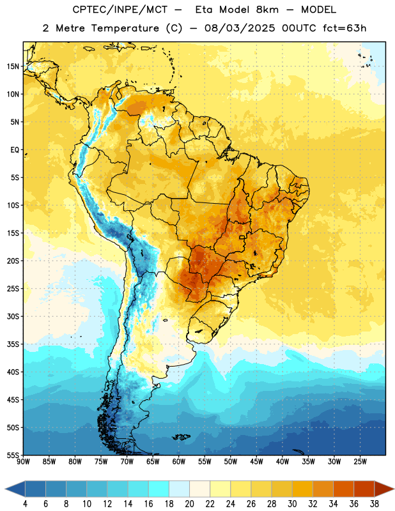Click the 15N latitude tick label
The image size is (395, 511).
[x=13, y=66]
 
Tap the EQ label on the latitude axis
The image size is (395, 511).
[x=15, y=150]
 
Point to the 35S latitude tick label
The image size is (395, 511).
[x=13, y=344]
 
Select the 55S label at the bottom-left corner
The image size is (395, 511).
[x=13, y=455]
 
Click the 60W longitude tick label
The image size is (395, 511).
[x=179, y=462]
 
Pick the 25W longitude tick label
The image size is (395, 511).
[x=360, y=462]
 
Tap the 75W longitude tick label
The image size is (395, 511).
[x=101, y=462]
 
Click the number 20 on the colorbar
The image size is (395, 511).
[x=189, y=504]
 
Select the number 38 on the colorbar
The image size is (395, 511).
[x=375, y=504]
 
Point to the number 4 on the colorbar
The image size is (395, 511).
[x=25, y=504]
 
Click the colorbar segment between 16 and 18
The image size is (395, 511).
[x=159, y=489]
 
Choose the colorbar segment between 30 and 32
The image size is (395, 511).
[x=302, y=489]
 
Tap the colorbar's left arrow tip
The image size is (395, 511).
[x=5, y=489]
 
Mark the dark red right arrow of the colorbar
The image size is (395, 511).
[x=383, y=489]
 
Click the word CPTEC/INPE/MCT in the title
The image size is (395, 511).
[x=120, y=10]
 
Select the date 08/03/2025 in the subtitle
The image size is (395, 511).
[x=240, y=28]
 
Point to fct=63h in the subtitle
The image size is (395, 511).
[x=345, y=28]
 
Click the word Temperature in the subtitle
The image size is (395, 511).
[x=125, y=28]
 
